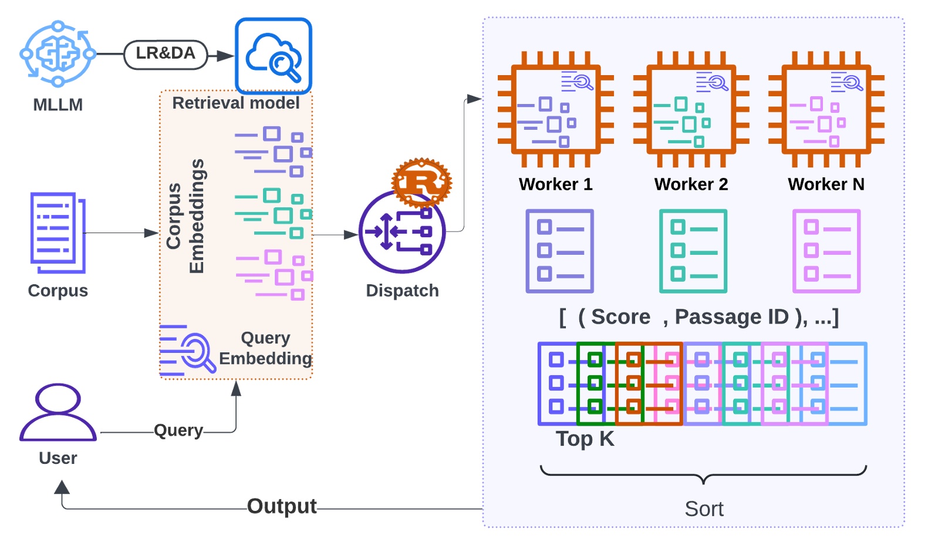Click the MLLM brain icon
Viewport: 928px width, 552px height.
tap(58, 54)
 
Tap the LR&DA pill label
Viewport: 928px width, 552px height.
tap(166, 54)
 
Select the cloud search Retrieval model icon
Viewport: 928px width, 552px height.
tap(274, 56)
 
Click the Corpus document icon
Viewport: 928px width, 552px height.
tap(58, 233)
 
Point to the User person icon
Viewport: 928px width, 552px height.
tap(58, 412)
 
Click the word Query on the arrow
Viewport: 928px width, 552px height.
tap(178, 430)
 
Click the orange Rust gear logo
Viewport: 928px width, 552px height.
tap(421, 181)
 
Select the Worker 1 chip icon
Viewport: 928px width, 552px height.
tap(555, 110)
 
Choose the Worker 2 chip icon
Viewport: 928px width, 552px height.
tap(691, 110)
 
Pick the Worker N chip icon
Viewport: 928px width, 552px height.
tap(826, 110)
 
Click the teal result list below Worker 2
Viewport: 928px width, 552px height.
tap(693, 251)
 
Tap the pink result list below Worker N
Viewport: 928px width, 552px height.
tap(826, 251)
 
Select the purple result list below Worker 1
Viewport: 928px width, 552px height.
tap(559, 251)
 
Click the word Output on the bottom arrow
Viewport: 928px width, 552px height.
tap(282, 506)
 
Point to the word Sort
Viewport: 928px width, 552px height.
tap(704, 509)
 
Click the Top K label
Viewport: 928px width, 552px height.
tap(585, 439)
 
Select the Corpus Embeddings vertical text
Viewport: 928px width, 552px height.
tap(185, 216)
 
